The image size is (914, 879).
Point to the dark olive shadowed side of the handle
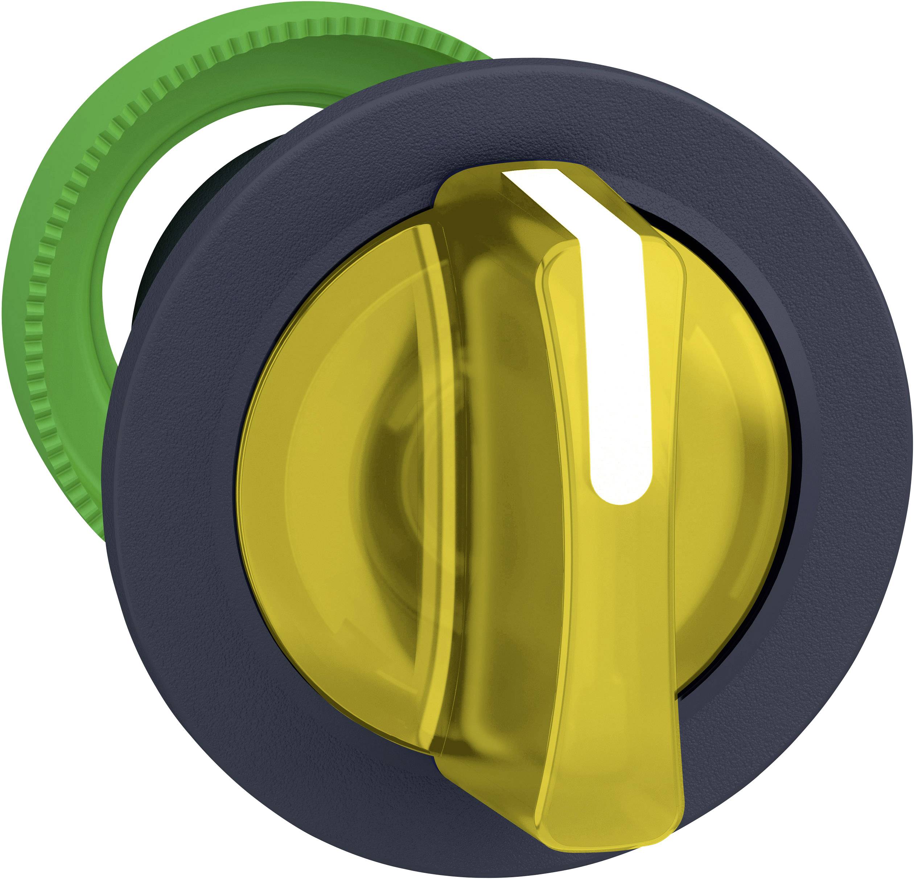click(x=504, y=513)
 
